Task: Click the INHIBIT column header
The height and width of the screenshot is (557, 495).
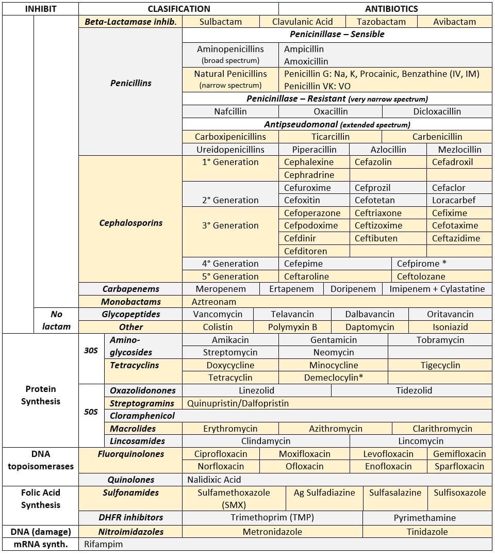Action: coord(40,9)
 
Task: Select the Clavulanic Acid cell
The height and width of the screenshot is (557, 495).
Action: coord(303,22)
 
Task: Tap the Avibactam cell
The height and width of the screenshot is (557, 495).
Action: coord(454,22)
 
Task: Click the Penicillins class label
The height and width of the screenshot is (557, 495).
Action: coord(130,83)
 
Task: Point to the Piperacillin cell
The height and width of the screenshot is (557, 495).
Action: coord(314,150)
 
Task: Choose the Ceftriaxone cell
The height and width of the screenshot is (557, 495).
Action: coord(378,213)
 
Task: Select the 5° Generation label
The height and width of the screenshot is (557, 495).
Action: coord(230,276)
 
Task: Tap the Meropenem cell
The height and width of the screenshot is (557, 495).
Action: coord(221,289)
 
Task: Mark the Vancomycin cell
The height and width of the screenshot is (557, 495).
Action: coord(218,314)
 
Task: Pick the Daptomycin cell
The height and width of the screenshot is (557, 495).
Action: coord(370,327)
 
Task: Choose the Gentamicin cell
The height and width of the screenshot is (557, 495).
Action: coord(333,340)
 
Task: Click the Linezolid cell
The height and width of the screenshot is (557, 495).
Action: coord(256,390)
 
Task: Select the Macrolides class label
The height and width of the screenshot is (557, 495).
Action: coord(133,429)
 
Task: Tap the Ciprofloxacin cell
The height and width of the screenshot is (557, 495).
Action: coord(221,454)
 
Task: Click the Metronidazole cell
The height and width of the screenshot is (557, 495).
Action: coord(272,531)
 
